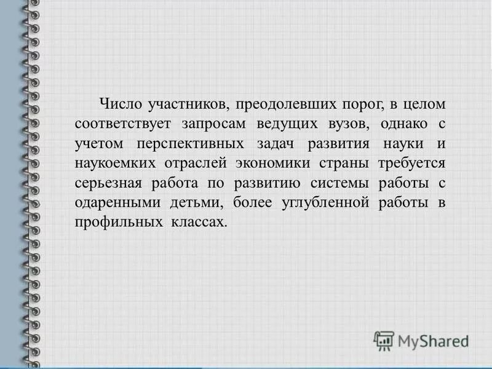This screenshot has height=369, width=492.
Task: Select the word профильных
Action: pos(113,223)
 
